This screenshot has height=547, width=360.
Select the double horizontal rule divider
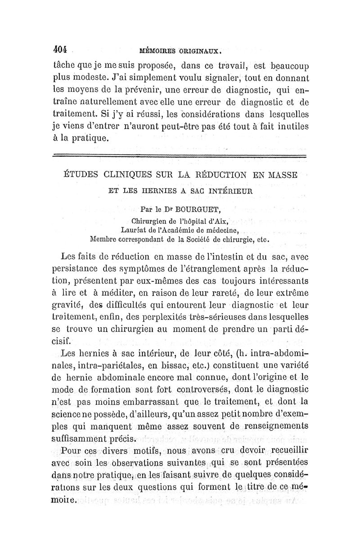pos(180,156)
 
